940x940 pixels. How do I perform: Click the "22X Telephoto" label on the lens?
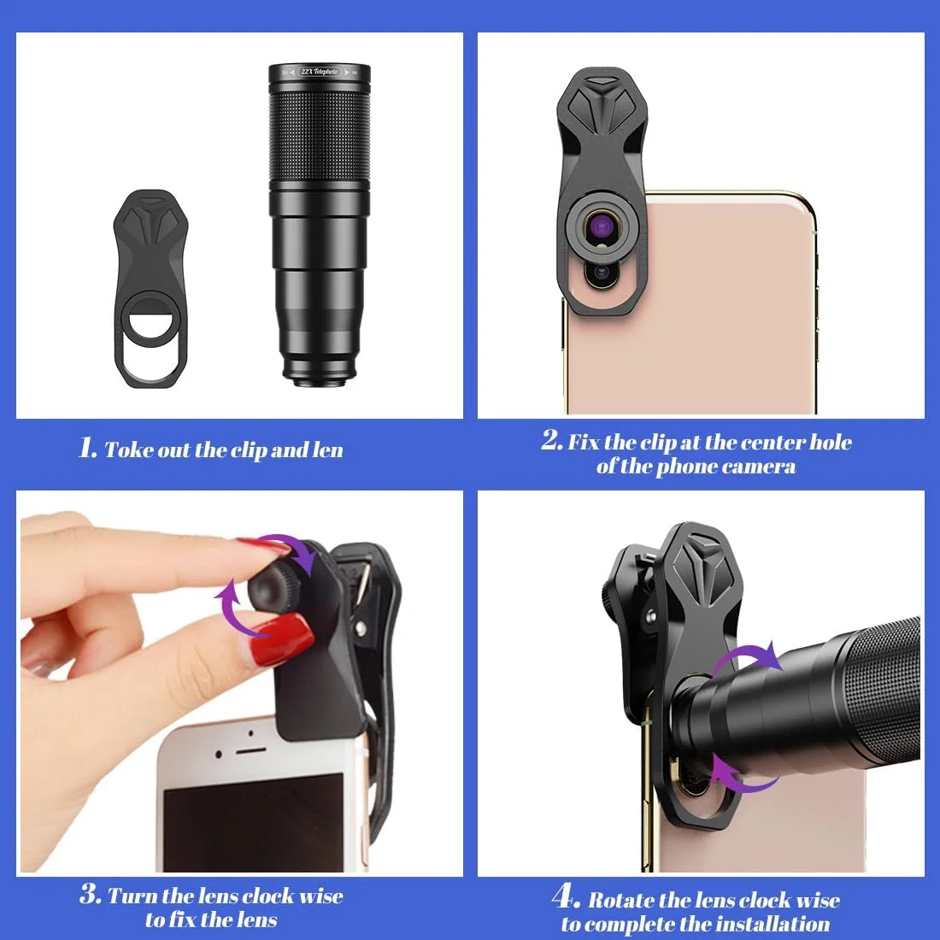[x=320, y=72]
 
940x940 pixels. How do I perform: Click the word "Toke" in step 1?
[x=127, y=449]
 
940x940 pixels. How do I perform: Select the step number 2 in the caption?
[x=551, y=440]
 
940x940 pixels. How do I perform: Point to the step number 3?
[x=90, y=894]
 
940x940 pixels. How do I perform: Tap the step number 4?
[x=566, y=896]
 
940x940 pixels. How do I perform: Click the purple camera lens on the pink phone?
[x=600, y=226]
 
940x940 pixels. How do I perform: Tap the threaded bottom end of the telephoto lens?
[x=319, y=376]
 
